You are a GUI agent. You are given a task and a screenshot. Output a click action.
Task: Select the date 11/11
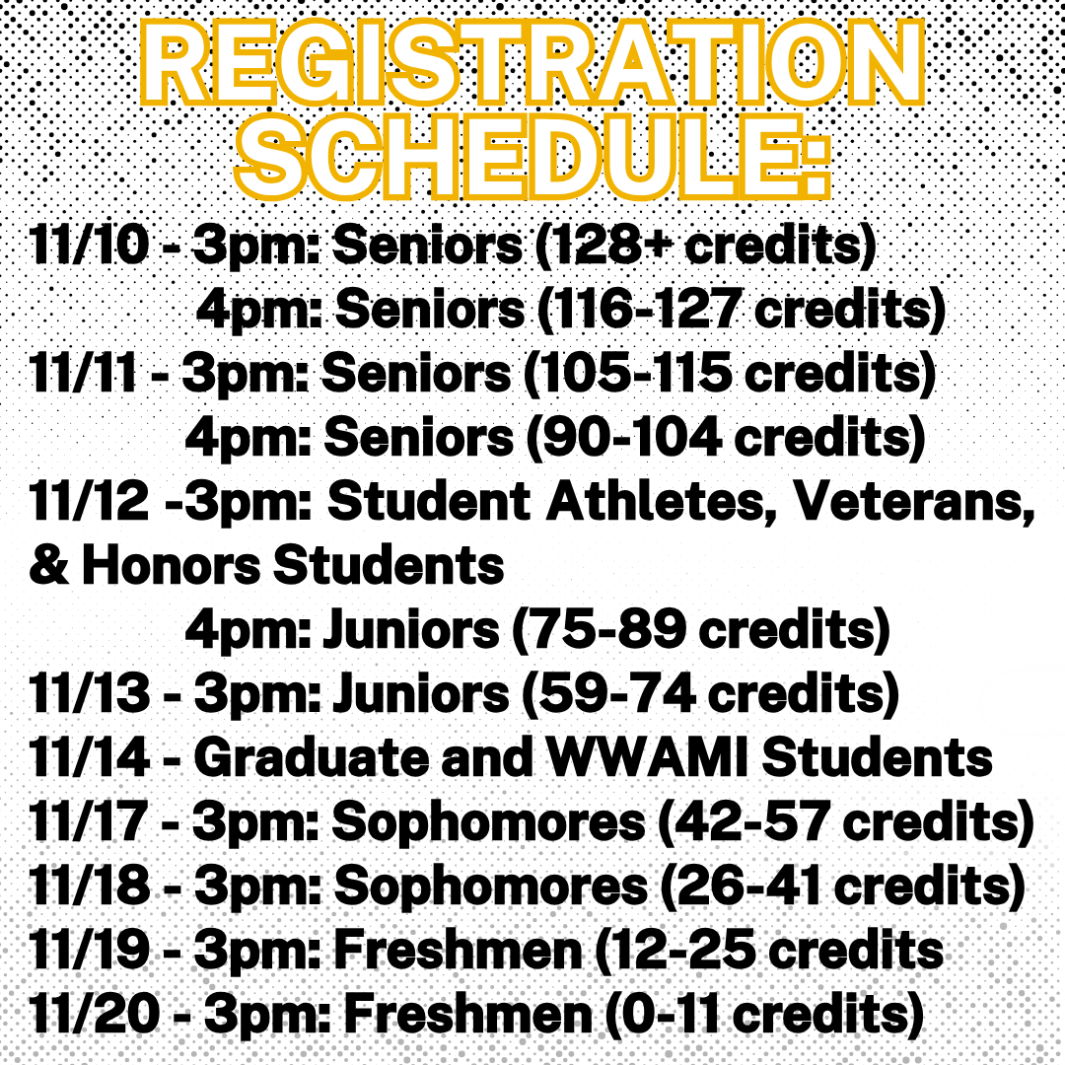click(x=83, y=375)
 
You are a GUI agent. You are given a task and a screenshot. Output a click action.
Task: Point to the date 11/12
click(x=89, y=504)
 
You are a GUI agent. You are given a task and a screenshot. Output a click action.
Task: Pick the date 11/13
click(x=90, y=695)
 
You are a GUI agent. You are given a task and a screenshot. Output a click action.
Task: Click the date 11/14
click(x=90, y=758)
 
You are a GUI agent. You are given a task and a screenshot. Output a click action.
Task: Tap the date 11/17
click(x=89, y=823)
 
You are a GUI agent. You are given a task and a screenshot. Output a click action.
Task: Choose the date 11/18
click(x=90, y=887)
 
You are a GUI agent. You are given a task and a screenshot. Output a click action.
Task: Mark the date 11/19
click(x=90, y=952)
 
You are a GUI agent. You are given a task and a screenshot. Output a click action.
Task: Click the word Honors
click(x=169, y=567)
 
